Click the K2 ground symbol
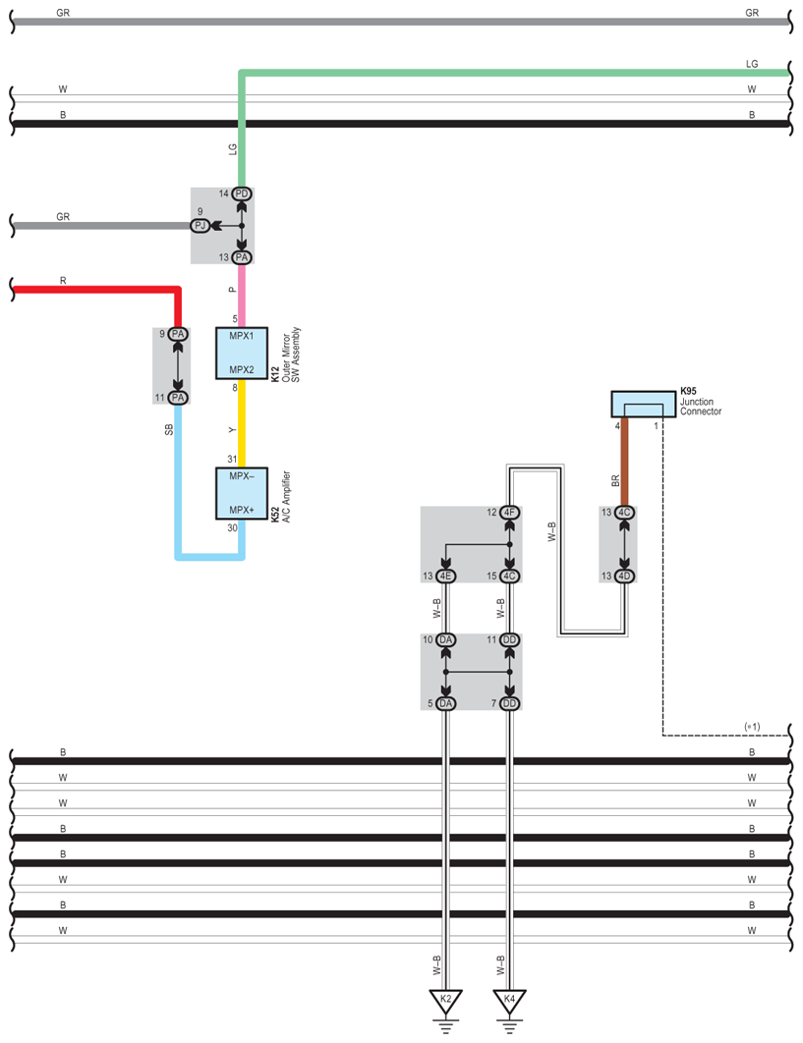[x=445, y=1001]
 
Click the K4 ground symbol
[x=509, y=1001]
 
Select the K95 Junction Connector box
[x=643, y=404]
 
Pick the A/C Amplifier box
[x=242, y=493]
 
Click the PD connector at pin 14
[x=242, y=194]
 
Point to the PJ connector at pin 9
[x=201, y=226]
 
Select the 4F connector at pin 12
[x=509, y=513]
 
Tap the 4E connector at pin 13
[x=446, y=576]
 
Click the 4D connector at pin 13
[x=624, y=576]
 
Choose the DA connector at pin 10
[x=446, y=640]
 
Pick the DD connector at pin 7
[x=509, y=703]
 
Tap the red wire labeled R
[x=98, y=289]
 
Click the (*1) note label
[x=753, y=726]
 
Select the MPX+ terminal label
[x=242, y=510]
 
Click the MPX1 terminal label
[x=242, y=336]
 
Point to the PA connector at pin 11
[x=178, y=398]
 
